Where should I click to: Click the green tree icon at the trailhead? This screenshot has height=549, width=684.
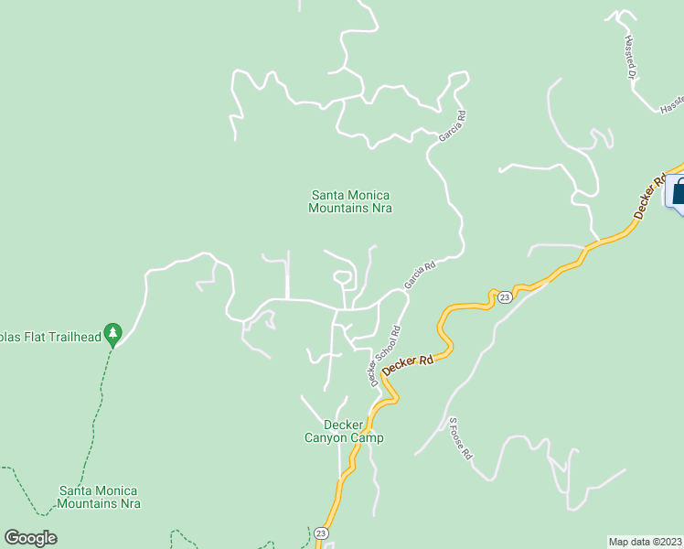click(112, 331)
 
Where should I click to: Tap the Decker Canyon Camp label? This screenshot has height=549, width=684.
click(344, 431)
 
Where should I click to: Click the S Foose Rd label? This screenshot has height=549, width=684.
click(459, 438)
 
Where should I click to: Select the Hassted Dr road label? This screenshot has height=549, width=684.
click(630, 58)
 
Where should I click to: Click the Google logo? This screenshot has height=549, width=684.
click(30, 538)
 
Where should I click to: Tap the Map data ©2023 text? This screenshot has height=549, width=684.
click(646, 541)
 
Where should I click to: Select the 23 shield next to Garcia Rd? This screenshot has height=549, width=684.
click(504, 296)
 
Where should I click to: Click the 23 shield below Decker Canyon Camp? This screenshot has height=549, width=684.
click(321, 533)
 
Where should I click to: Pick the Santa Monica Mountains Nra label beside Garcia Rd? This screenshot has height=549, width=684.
click(350, 201)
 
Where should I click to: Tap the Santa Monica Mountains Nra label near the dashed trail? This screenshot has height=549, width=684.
click(100, 497)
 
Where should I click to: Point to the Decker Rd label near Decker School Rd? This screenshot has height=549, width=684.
click(408, 364)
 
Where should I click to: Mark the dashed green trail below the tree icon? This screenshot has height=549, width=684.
click(94, 412)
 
